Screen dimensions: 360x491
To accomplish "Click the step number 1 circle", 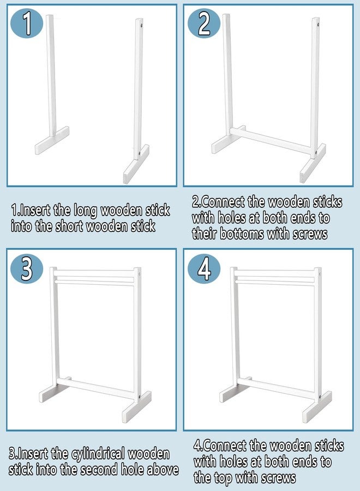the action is pyautogui.click(x=27, y=23).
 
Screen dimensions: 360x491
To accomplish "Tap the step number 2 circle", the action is pyautogui.click(x=204, y=23).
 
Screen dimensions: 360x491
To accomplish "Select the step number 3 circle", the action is pyautogui.click(x=27, y=269).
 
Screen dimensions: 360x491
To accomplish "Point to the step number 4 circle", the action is pyautogui.click(x=204, y=269).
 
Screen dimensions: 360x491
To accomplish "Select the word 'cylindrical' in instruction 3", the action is pyautogui.click(x=98, y=454).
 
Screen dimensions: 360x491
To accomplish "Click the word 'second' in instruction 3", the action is pyautogui.click(x=97, y=469).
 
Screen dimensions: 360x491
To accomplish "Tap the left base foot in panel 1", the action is pyautogui.click(x=52, y=140).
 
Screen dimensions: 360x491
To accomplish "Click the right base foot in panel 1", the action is pyautogui.click(x=136, y=164).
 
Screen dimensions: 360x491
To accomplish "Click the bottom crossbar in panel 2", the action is pyautogui.click(x=271, y=141).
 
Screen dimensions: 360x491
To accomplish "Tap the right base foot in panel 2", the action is pyautogui.click(x=313, y=163).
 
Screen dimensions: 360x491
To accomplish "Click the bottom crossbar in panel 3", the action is pyautogui.click(x=97, y=388).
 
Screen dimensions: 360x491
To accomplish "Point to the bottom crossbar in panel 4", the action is pyautogui.click(x=277, y=388).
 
